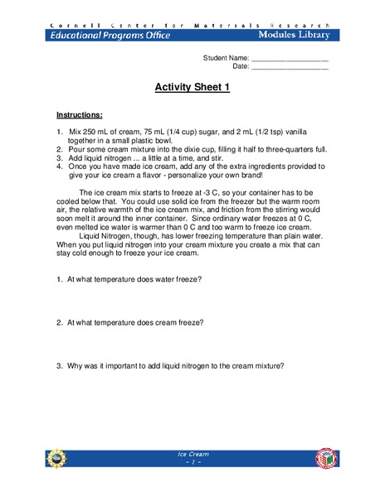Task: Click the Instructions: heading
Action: point(79,114)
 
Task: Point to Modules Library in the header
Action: point(293,35)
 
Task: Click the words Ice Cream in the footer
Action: point(192,454)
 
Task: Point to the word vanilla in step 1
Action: point(316,132)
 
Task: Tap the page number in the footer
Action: point(192,462)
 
